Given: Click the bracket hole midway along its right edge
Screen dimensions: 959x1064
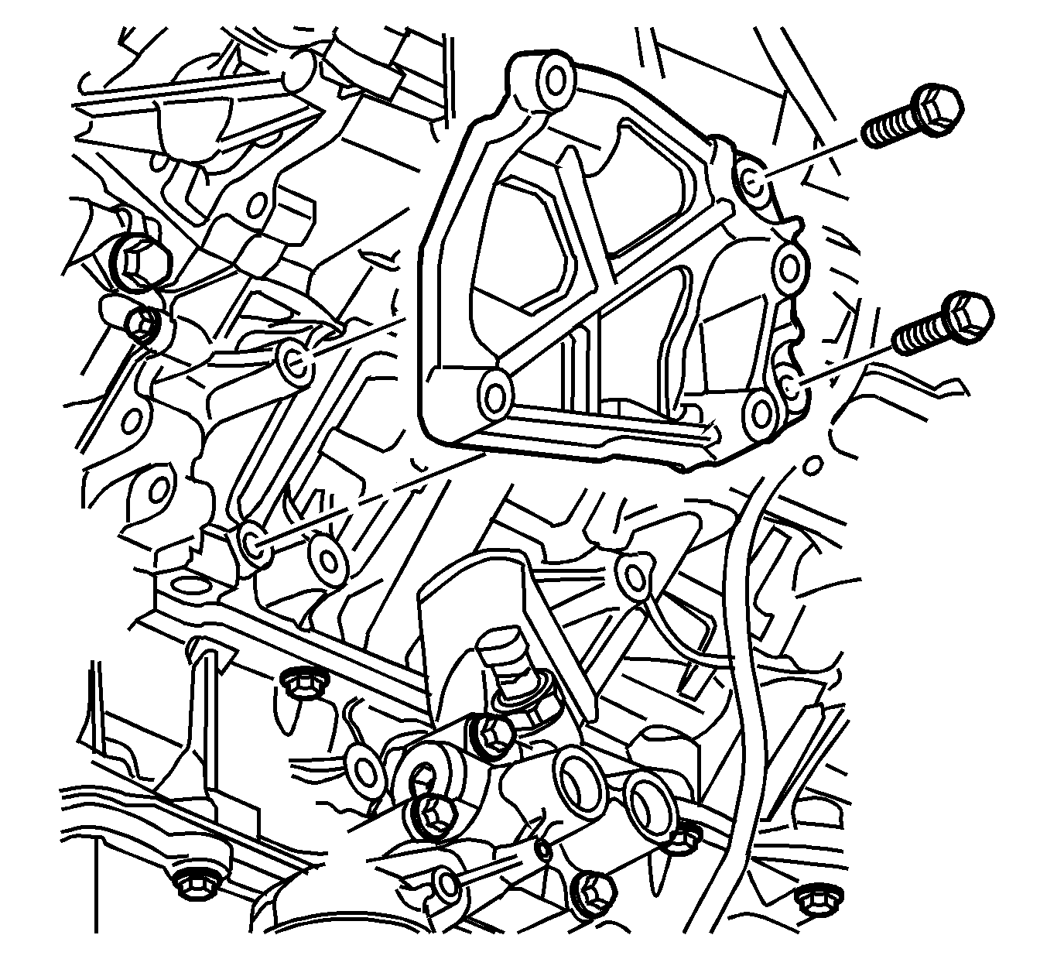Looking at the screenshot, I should (789, 269).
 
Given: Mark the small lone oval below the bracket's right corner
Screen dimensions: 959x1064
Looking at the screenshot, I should (812, 466).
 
